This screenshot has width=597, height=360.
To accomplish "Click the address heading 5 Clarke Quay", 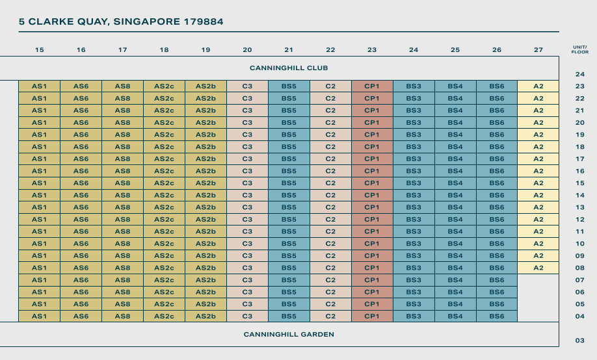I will (121, 21).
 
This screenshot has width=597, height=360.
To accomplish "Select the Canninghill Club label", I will (289, 68).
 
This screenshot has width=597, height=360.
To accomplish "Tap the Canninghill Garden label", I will (289, 335).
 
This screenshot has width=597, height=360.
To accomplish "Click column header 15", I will (40, 49).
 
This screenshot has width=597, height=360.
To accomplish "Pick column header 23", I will (372, 49).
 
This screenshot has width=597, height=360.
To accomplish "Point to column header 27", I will (538, 49).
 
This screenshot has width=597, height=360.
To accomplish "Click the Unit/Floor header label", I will (579, 49).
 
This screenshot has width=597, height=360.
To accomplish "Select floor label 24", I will (580, 74).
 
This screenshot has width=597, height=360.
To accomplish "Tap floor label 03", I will (580, 341).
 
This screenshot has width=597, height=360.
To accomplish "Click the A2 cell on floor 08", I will (538, 268).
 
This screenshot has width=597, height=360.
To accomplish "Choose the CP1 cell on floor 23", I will (372, 86).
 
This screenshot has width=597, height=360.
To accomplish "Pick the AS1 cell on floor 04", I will (40, 316).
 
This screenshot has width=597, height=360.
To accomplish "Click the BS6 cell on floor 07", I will (497, 280).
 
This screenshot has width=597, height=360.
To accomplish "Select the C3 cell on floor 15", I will (247, 183).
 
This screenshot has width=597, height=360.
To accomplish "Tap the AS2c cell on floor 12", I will (164, 220).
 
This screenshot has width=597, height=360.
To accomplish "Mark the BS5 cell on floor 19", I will (289, 135).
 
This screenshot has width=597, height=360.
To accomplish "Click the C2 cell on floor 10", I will (330, 244).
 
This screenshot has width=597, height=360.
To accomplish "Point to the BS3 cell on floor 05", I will (414, 304).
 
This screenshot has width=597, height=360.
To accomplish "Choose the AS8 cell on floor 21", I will (122, 110).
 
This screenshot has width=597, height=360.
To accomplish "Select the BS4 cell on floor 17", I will (455, 159).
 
